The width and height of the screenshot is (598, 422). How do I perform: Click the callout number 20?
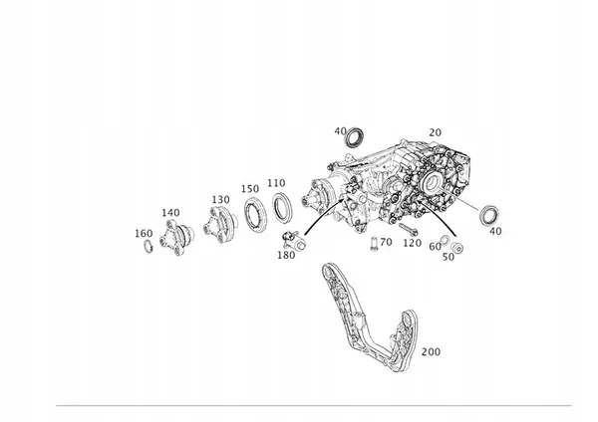pos(436,132)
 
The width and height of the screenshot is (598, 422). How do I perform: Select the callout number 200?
pos(431,352)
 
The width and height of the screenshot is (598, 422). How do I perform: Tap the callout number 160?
pos(144,234)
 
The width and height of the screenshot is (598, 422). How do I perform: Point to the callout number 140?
pos(170,213)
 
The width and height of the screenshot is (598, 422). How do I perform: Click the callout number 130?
pos(221,200)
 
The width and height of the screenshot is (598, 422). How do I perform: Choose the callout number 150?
pos(250,189)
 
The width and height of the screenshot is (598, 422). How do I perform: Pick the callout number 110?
pos(276,183)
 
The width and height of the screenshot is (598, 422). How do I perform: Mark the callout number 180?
pos(286,255)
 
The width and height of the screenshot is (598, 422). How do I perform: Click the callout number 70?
pos(386,242)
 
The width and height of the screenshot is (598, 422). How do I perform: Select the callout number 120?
pos(413,243)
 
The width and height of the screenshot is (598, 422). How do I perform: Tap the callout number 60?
pos(435,247)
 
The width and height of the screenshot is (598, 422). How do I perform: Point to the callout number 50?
pos(448,257)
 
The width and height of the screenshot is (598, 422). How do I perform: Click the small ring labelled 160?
pos(148,247)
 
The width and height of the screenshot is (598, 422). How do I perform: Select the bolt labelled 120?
pos(409,229)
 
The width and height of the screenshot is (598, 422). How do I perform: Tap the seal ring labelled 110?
pos(283,208)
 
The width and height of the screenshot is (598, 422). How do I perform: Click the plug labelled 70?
pos(374,244)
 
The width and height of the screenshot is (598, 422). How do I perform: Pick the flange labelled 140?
pos(175,237)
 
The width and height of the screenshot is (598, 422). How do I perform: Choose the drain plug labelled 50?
pos(456,248)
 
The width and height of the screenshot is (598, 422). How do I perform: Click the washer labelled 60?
pos(445,240)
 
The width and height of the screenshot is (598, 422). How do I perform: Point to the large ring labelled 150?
pos(255,214)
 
